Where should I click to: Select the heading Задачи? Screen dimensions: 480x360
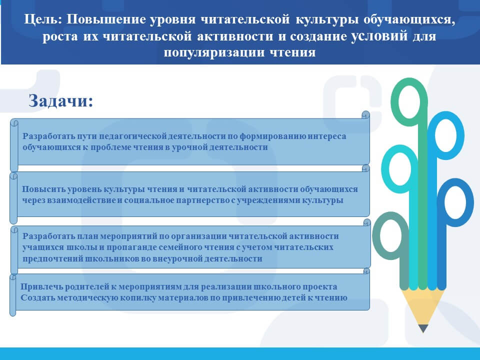60,100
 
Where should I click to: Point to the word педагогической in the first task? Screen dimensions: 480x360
133,136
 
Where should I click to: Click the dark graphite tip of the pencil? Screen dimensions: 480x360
423,329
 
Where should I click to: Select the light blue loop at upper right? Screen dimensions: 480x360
445,135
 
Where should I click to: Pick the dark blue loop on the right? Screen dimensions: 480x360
455,202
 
